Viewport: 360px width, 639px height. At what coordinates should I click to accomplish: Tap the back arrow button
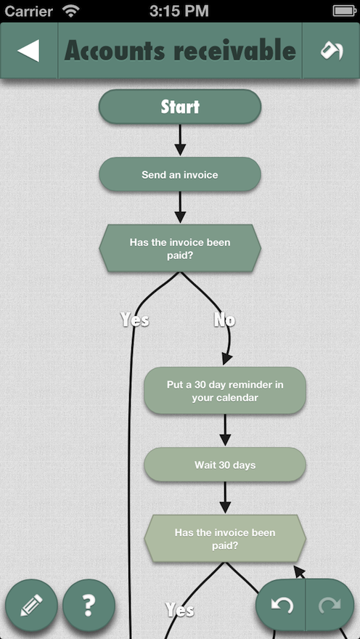coord(28,51)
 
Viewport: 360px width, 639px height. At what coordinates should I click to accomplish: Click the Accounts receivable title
coord(180,51)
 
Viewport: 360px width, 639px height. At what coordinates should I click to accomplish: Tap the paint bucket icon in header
coord(331,51)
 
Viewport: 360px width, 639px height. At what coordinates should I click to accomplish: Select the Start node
coord(180,107)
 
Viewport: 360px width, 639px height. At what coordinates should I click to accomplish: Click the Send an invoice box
coord(180,174)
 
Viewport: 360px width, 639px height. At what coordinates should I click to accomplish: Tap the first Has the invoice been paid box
coord(180,248)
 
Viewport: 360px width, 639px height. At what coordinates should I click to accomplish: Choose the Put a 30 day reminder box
coord(225,391)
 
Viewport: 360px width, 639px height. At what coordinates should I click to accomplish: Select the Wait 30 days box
coord(225,465)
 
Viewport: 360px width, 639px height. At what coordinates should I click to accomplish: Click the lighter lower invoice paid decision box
coord(225,539)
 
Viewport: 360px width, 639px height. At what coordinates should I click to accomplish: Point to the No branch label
coord(224,320)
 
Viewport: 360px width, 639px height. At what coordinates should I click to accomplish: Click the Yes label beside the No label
coord(135,320)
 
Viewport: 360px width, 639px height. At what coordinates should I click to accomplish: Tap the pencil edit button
coord(31,606)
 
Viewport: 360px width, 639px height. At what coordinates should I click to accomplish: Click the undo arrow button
coord(282,605)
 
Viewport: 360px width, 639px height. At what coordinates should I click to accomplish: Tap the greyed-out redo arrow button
coord(330,605)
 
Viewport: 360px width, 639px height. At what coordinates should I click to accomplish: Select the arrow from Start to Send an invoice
coord(180,139)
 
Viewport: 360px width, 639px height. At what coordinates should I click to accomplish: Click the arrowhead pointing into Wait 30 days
coord(225,440)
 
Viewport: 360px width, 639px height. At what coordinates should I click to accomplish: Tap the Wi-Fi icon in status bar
coord(71,11)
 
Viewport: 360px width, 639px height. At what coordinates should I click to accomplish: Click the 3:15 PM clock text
coord(179,11)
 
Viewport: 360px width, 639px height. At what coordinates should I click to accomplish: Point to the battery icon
coord(345,11)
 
